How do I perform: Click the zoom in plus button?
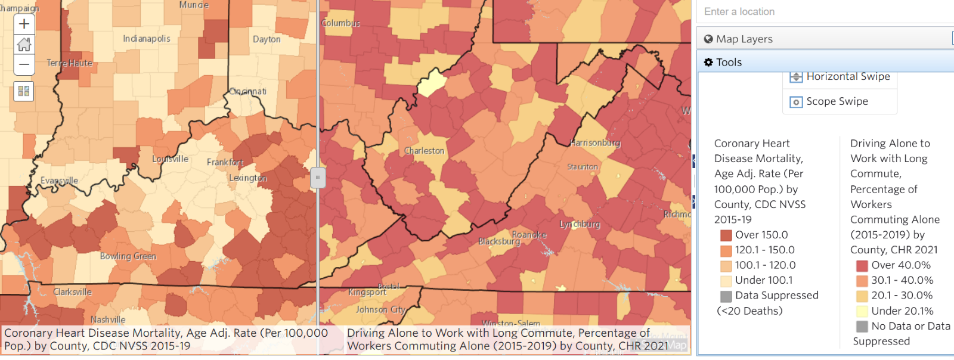pos(24,24)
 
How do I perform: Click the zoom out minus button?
pos(24,64)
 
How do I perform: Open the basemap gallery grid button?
pos(24,91)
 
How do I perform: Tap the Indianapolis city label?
pos(147,39)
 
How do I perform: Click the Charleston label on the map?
pos(424,151)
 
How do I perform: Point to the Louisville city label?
pos(170,159)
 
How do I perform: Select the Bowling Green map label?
pos(128,256)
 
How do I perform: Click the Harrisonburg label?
pos(595,143)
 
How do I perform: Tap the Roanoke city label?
pos(529,235)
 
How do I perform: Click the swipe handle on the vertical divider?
pos(318,177)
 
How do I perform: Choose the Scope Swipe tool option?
pos(837,101)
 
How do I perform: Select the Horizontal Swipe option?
pos(847,76)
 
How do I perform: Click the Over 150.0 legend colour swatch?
pos(726,235)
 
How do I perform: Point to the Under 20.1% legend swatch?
pos(862,311)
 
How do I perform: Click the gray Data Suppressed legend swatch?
pos(726,296)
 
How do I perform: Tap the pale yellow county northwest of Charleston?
pos(432,83)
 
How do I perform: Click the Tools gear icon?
pos(708,63)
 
